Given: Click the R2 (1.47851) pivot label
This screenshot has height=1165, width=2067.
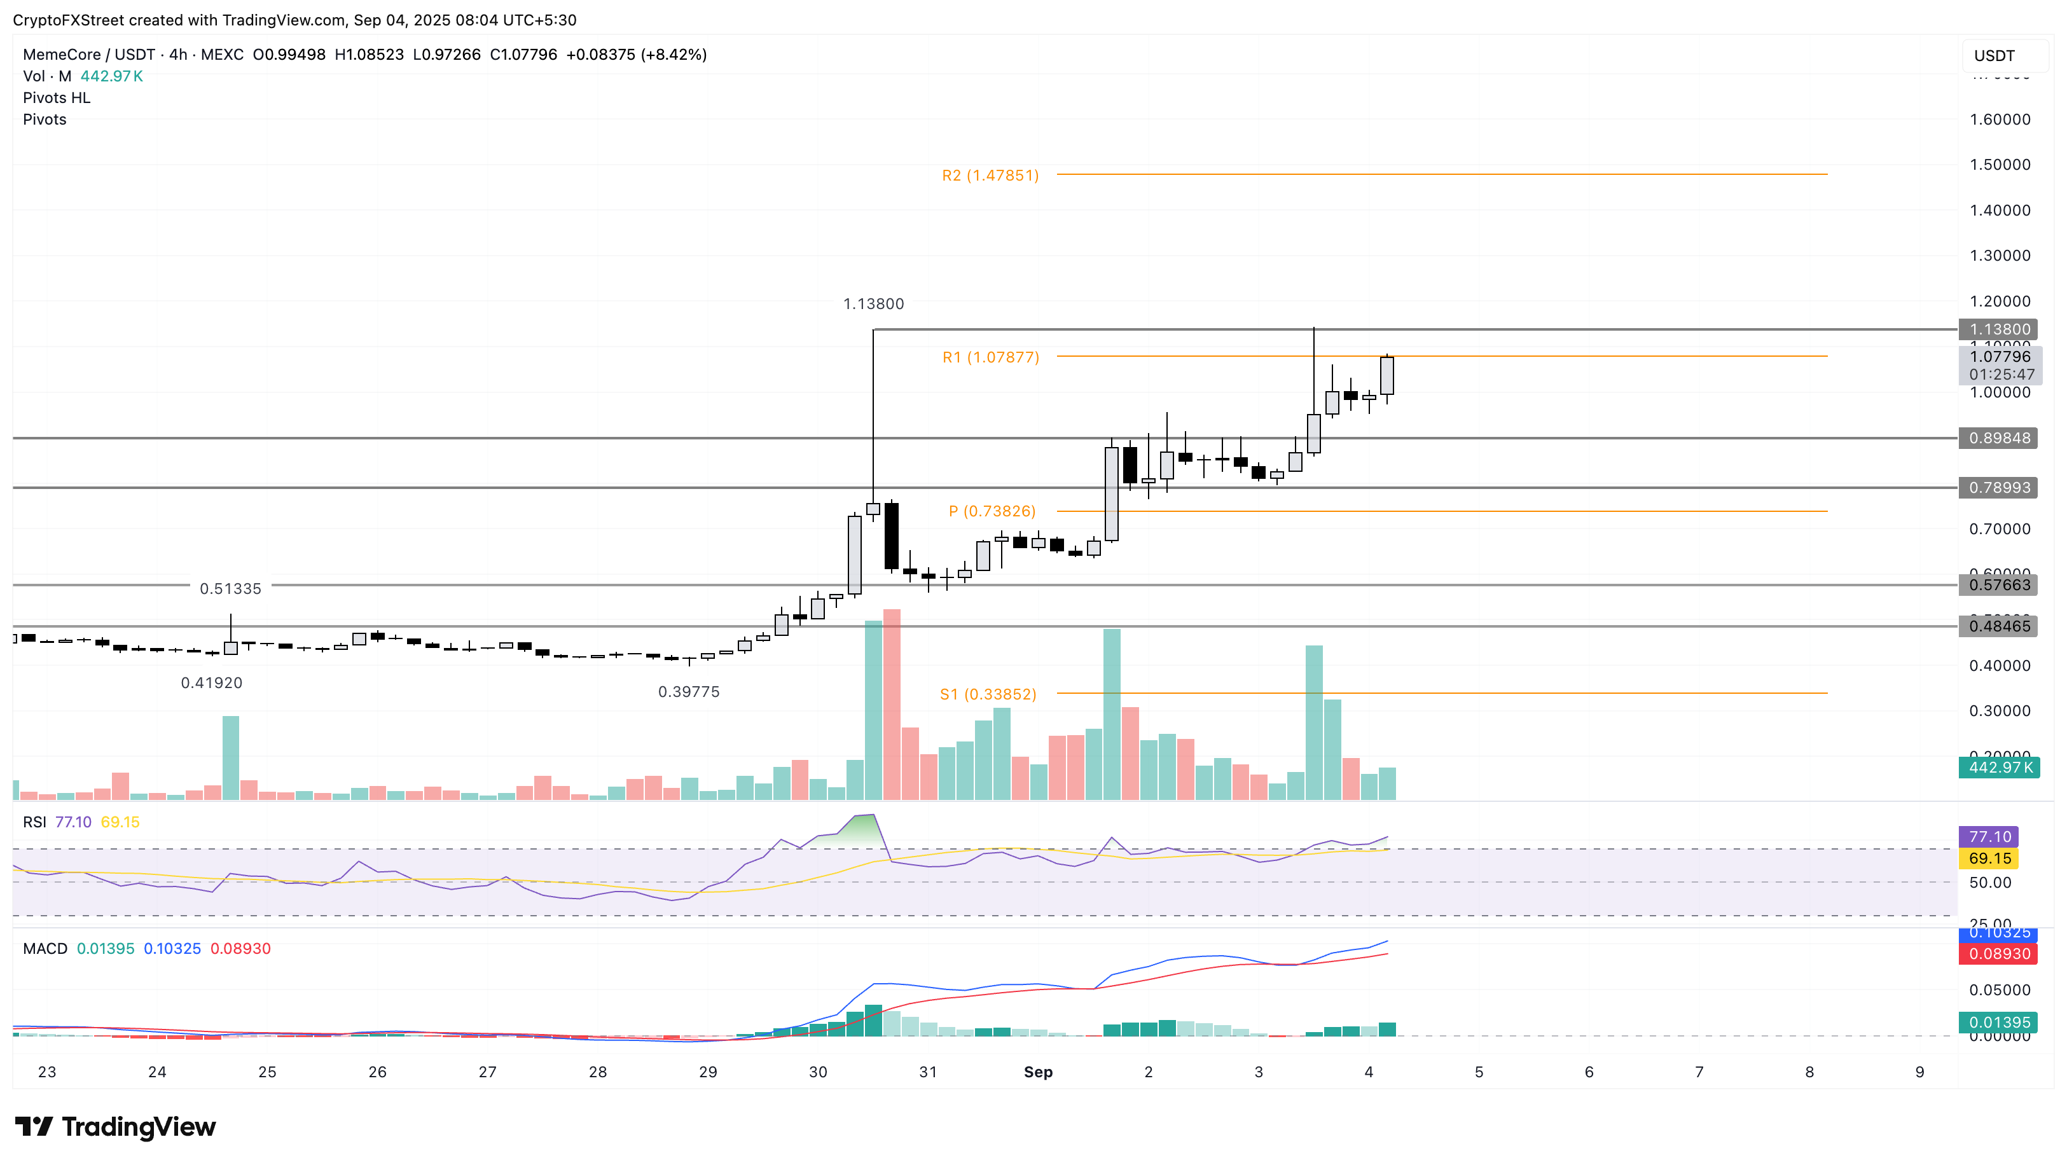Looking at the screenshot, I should coord(990,175).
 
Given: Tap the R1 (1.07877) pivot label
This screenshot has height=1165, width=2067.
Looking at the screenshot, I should coord(990,357).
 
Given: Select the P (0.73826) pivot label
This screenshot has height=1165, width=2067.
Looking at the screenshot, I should coord(992,511).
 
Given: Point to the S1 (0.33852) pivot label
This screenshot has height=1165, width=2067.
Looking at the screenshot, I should coord(988,694).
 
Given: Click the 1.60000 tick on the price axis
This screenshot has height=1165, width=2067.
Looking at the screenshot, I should coord(2000,120).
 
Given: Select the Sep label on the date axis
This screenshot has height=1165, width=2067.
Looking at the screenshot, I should coord(1037,1072).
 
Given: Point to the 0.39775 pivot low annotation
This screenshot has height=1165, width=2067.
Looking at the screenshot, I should coord(688,692).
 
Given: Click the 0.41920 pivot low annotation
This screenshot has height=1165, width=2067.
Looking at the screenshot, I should coord(211,683).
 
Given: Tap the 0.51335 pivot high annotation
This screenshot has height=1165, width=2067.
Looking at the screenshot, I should coord(230,589).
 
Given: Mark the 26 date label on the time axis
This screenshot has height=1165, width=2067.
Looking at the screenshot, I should coord(377,1072).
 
